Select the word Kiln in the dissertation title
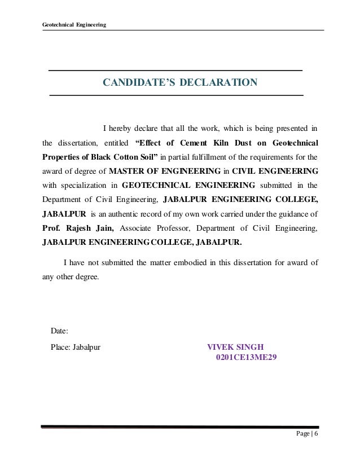pyautogui.click(x=229, y=142)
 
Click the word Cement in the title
pyautogui.click(x=197, y=142)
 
